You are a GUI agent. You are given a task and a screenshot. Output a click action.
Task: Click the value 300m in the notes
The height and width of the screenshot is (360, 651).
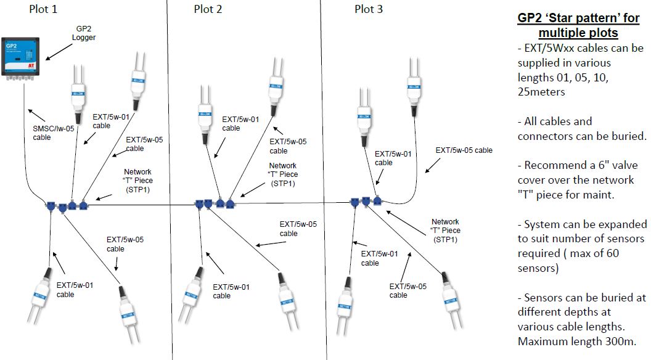(621, 342)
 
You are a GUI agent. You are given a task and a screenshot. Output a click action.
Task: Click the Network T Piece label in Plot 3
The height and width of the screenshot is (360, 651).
(445, 231)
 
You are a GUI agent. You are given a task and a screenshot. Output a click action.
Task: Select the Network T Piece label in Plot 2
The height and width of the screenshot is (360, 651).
(283, 174)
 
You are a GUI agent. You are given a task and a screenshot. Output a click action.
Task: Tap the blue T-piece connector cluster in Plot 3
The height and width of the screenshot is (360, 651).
(366, 202)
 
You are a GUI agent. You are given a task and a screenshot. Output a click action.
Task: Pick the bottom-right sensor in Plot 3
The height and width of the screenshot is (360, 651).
(449, 296)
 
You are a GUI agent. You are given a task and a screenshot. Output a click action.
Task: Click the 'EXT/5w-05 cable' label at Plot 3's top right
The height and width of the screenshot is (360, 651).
(464, 150)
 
